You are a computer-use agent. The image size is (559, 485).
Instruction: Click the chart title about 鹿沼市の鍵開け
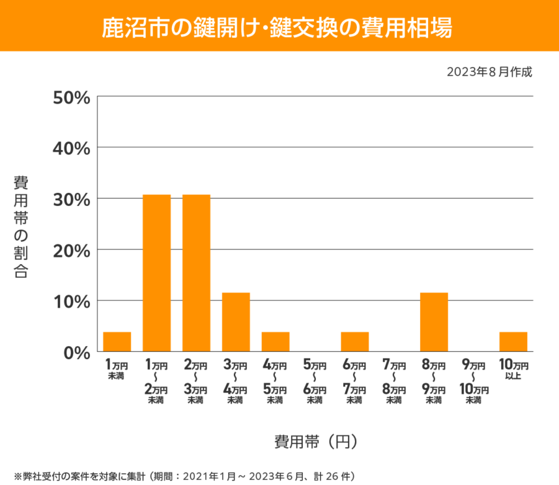[x=279, y=27]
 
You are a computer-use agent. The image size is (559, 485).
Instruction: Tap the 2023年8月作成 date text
[x=489, y=72]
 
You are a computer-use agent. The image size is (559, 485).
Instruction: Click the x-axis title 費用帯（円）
[x=315, y=441]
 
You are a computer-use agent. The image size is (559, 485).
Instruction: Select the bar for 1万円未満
[x=117, y=342]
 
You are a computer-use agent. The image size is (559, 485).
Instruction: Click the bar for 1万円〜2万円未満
[x=156, y=273]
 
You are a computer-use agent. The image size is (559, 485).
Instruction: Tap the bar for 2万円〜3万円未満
[x=196, y=273]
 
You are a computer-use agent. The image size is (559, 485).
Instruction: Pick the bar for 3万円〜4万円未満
[x=236, y=322]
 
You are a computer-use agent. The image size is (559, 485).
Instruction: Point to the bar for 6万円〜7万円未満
[x=354, y=342]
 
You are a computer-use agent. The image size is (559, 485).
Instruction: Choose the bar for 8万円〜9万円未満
[x=434, y=322]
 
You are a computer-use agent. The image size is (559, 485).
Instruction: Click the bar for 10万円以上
[x=513, y=342]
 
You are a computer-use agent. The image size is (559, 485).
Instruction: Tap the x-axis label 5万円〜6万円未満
[x=315, y=381]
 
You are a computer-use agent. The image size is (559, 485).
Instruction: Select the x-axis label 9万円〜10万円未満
[x=474, y=381]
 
